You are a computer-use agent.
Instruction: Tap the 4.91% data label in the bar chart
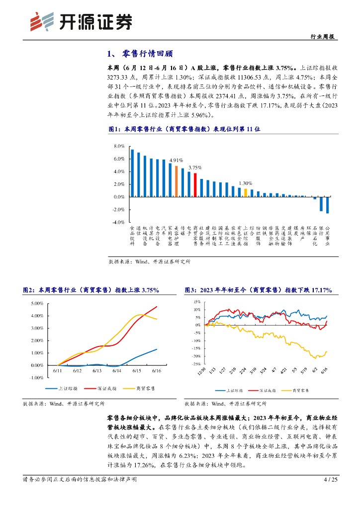[x=176, y=160]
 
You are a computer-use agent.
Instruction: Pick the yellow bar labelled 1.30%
[x=246, y=192]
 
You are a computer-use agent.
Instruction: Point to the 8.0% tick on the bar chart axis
[x=119, y=147]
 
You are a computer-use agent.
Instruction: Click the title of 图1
[x=184, y=129]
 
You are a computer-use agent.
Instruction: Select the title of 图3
[x=258, y=290]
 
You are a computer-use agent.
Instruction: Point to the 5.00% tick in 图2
[x=37, y=303]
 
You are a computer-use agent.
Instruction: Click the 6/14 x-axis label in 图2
[x=117, y=371]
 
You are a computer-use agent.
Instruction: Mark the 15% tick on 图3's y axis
[x=197, y=302]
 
